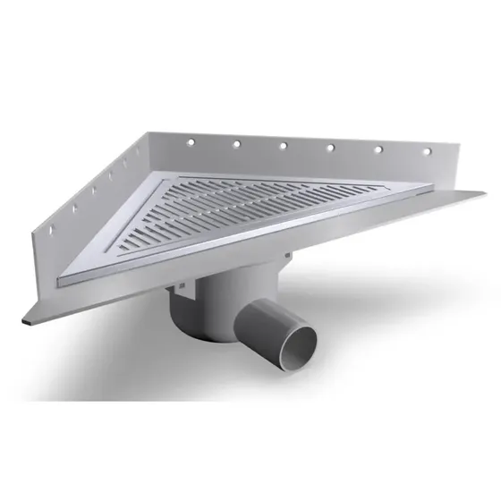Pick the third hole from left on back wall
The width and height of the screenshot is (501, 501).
tap(282, 145)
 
